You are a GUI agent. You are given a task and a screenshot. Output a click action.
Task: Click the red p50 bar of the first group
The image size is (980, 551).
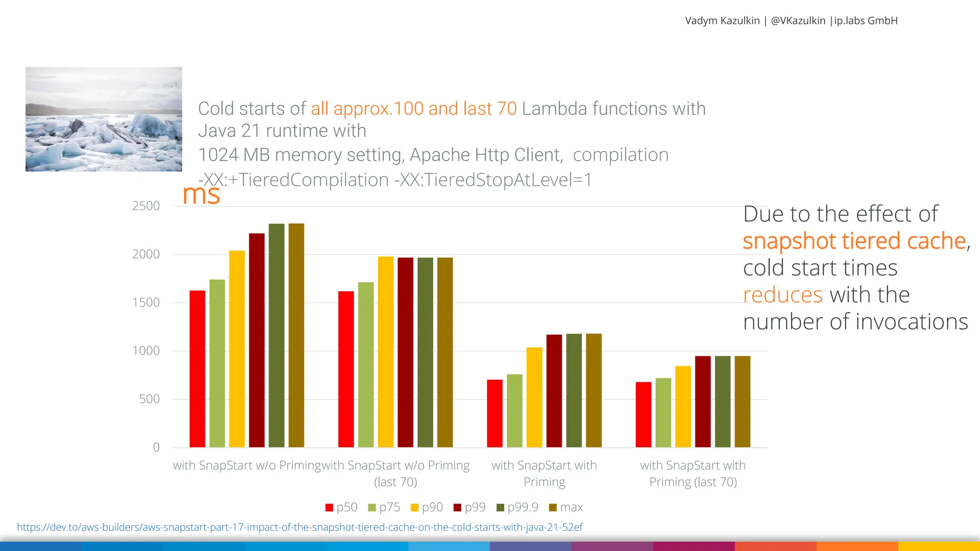[x=197, y=369]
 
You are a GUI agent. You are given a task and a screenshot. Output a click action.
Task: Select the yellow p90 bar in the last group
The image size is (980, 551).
[x=683, y=407]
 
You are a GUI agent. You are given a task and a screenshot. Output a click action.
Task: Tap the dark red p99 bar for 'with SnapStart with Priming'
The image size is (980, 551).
[x=554, y=391]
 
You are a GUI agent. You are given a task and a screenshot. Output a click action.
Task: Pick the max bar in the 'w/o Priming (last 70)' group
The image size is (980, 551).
[x=445, y=353]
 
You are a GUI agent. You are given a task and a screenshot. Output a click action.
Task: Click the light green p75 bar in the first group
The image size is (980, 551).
[x=217, y=364]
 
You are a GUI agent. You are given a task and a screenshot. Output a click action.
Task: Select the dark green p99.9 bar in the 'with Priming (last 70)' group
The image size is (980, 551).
[x=723, y=402]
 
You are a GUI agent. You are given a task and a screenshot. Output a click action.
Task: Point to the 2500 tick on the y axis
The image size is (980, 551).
[x=146, y=206]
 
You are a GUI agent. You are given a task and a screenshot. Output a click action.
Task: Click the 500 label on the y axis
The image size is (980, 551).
[x=149, y=399]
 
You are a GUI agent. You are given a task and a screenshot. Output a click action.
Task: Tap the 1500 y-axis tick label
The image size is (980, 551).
[x=146, y=302]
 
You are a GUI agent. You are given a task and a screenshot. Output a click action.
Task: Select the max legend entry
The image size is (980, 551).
[x=566, y=507]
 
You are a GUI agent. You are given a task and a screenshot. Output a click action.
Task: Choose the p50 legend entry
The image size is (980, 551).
[x=341, y=507]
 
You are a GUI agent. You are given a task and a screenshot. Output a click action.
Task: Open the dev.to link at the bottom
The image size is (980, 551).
[x=300, y=527]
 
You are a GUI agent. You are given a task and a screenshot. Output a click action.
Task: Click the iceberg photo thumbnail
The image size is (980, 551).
[x=104, y=119]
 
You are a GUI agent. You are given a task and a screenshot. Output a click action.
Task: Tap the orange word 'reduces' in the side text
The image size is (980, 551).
[x=782, y=295]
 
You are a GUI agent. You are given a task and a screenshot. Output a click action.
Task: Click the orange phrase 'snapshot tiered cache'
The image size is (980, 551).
[x=854, y=241]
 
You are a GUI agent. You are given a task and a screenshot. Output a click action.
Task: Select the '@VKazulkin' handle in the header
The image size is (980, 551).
[x=798, y=21]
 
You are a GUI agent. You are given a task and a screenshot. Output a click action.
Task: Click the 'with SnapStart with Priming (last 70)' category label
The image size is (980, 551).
[x=693, y=474]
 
